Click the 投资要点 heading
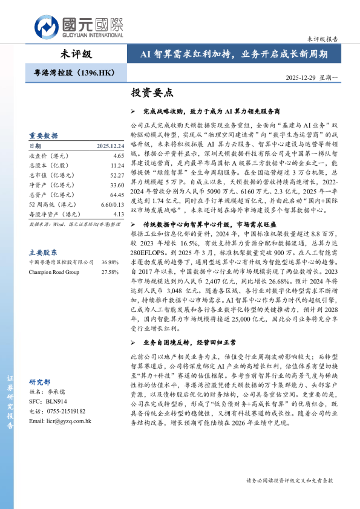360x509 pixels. [152, 93]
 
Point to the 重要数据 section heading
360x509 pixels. [44, 135]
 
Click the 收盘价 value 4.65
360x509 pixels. [118, 155]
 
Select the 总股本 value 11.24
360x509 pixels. [117, 165]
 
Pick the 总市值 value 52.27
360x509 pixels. [117, 175]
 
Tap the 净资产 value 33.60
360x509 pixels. [117, 184]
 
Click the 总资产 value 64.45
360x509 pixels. [117, 194]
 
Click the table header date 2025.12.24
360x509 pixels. [110, 146]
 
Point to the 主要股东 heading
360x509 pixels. [44, 251]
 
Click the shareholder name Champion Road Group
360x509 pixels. [54, 272]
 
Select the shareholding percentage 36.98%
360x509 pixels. [110, 262]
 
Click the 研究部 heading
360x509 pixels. [40, 382]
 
